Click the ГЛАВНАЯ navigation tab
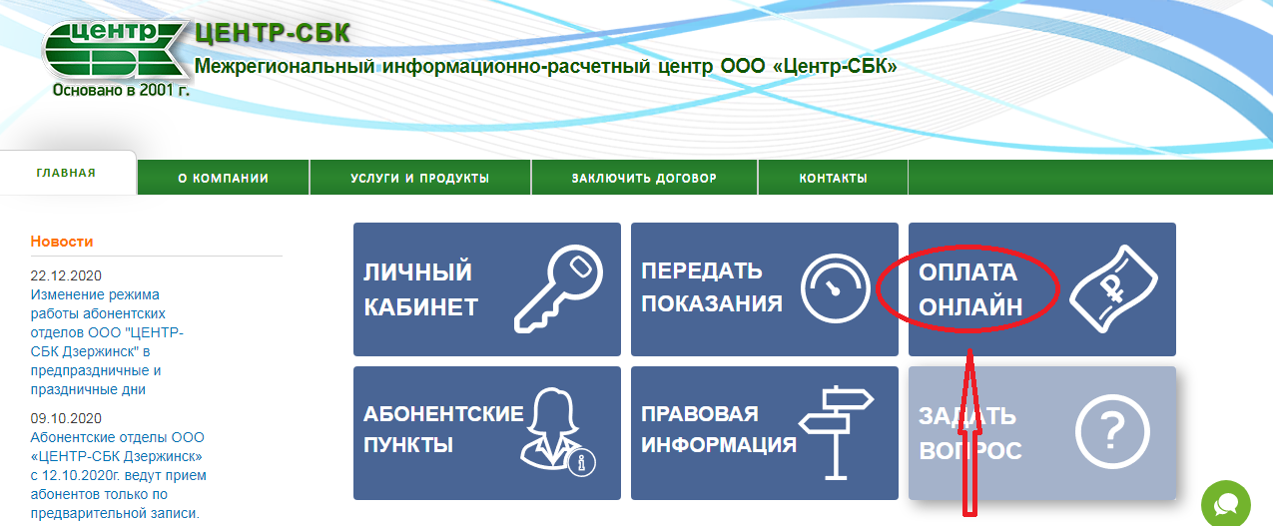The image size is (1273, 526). click(66, 173)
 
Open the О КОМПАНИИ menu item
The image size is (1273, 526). click(223, 178)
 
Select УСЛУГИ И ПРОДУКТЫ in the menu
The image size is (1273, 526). click(420, 178)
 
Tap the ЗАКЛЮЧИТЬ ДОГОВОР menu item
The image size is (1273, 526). click(644, 178)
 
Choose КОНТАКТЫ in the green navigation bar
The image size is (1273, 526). click(833, 178)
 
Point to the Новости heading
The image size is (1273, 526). click(62, 242)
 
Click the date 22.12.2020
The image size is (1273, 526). click(66, 275)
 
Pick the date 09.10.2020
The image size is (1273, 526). click(66, 418)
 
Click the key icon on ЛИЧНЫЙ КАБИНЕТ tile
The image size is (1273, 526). click(559, 288)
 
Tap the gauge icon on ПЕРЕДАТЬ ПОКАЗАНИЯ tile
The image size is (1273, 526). click(835, 288)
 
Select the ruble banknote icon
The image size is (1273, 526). click(1113, 288)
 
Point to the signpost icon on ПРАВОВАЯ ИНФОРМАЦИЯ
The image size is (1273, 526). click(836, 433)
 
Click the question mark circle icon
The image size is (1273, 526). click(1112, 432)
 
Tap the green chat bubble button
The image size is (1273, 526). click(1226, 504)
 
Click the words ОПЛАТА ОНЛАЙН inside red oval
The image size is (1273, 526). click(970, 289)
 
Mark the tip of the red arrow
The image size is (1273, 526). click(969, 349)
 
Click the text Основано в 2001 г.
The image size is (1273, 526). click(121, 90)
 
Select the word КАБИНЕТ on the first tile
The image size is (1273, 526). click(420, 307)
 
